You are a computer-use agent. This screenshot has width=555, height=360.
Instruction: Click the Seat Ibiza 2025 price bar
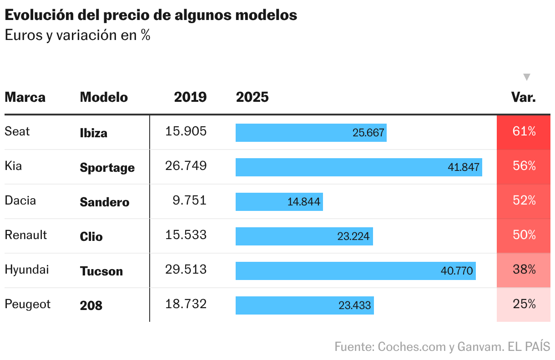tap(311, 133)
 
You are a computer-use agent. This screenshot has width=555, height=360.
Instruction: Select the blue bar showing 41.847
tap(358, 167)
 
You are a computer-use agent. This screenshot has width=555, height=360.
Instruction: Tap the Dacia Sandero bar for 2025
tap(279, 202)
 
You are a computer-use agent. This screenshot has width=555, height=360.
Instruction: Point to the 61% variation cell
tap(524, 132)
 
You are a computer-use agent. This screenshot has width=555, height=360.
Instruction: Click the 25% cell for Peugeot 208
tap(524, 305)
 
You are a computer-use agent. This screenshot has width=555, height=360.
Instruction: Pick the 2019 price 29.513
tap(186, 270)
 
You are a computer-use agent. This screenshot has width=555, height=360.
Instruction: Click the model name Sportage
tap(107, 168)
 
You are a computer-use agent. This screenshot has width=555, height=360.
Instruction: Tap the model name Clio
tap(91, 237)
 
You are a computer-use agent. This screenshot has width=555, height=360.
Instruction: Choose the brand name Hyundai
tap(27, 270)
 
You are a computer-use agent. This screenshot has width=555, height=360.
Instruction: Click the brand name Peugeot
tap(28, 304)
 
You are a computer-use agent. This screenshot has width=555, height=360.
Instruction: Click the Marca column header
tap(25, 97)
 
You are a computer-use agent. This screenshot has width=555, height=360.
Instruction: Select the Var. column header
tap(524, 97)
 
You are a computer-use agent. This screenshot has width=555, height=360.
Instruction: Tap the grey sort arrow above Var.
tap(527, 77)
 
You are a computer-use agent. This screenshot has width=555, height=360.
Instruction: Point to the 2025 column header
tap(252, 97)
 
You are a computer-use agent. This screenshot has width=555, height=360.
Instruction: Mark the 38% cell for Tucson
tap(524, 270)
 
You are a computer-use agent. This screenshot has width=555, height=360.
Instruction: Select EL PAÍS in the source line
tap(529, 347)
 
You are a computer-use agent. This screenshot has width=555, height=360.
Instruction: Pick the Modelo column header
tap(104, 97)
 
